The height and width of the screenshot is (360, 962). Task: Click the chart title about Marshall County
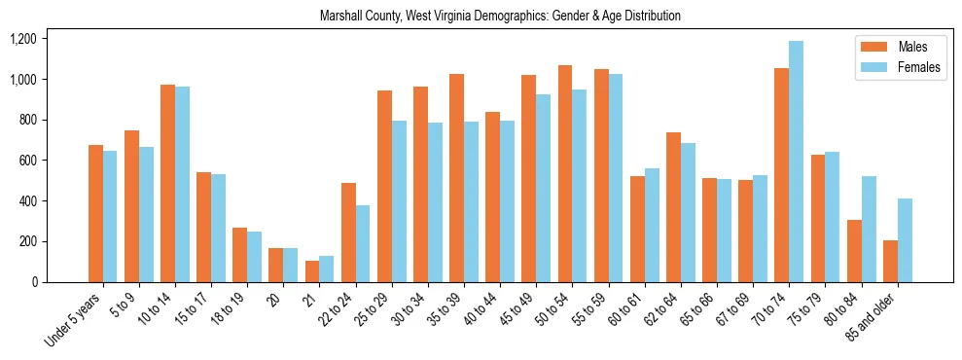click(500, 17)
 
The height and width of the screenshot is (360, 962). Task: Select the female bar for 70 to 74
click(797, 162)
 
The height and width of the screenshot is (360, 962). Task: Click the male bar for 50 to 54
click(565, 174)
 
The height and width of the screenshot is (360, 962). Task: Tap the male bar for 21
click(312, 271)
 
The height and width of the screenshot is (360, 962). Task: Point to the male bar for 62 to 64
click(673, 207)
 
